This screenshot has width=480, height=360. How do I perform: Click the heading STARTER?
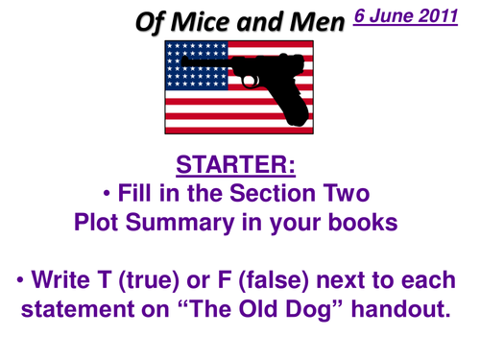click(239, 165)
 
